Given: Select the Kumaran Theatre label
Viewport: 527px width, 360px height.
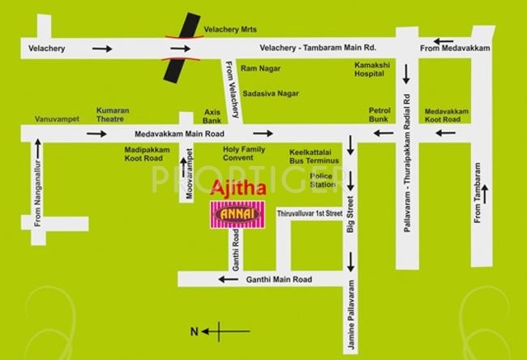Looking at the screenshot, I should (x=115, y=114).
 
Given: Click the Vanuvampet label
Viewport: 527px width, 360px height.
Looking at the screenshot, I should (x=56, y=119).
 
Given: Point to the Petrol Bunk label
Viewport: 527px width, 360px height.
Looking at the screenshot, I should (x=379, y=114).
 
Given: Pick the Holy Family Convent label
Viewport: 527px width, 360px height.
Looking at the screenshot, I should (x=244, y=154).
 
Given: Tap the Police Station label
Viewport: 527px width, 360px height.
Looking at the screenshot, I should (x=322, y=179).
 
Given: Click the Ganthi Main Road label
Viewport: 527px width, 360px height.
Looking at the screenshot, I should (x=278, y=280).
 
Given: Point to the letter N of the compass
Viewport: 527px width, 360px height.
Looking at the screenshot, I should (x=193, y=331).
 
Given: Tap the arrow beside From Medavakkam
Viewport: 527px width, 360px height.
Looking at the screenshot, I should (x=443, y=41).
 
